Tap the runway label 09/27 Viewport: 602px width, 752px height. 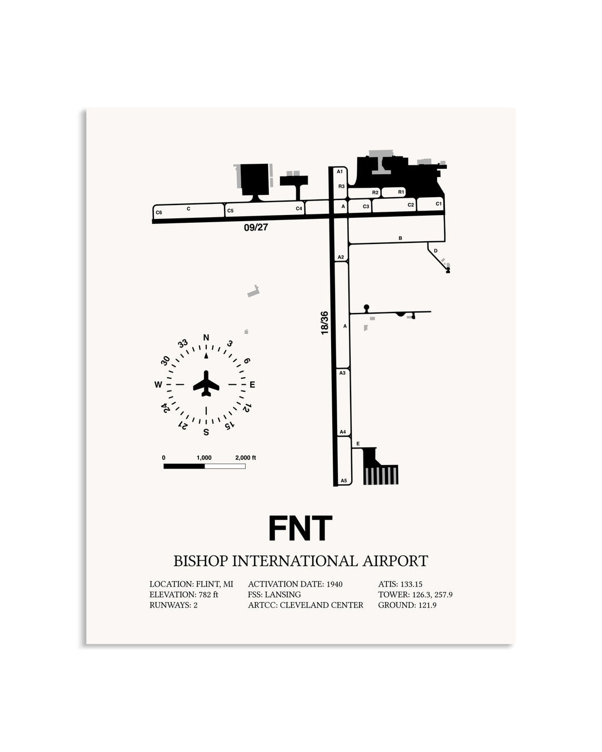coord(256,227)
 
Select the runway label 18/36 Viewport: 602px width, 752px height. coord(324,323)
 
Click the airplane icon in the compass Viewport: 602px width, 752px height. coord(206,383)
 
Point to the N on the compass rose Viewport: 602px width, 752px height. coord(206,338)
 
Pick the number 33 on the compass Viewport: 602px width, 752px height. coord(183,344)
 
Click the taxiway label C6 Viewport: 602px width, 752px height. coord(159,212)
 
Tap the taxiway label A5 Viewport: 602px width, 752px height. coord(344,481)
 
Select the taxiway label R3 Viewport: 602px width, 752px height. coord(341,186)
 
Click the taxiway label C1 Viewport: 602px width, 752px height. coord(439,204)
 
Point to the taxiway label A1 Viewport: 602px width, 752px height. coord(339,172)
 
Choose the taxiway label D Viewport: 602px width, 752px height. coord(435,251)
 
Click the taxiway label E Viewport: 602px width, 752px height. coord(358,444)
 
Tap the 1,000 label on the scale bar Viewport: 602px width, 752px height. coord(204,458)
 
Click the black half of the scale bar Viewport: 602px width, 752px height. coord(184,466)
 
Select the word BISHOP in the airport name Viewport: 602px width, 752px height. coord(201,561)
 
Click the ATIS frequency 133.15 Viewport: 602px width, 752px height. coord(411,584)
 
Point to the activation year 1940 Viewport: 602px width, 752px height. coord(334,584)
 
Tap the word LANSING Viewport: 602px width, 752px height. coord(283,594)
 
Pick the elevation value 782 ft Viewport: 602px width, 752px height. coord(208,594)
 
